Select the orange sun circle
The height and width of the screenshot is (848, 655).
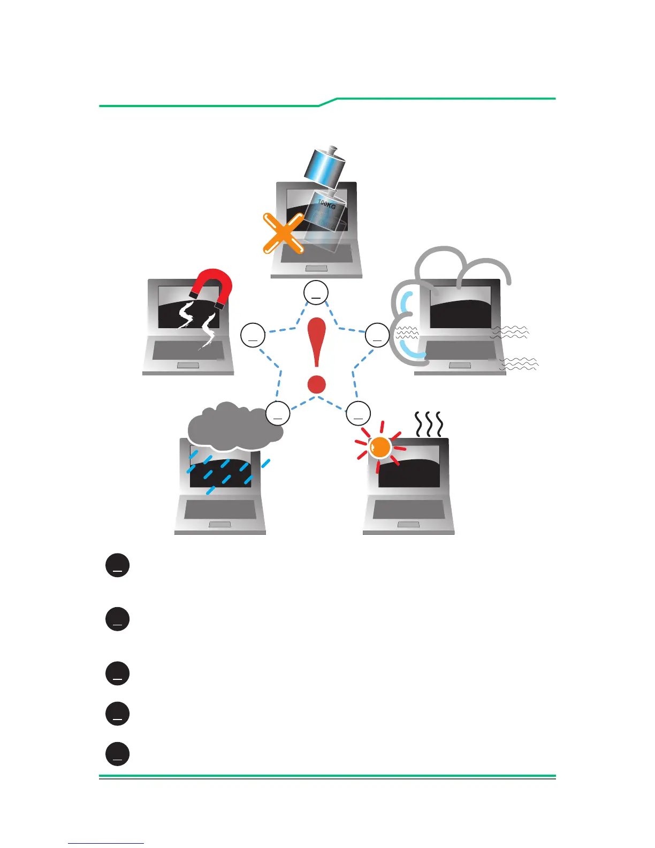click(x=380, y=447)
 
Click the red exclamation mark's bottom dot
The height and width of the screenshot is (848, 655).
click(x=317, y=384)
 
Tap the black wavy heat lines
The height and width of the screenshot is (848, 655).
click(x=429, y=424)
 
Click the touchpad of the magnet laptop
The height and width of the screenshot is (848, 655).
click(x=188, y=365)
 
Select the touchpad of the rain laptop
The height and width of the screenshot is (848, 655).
click(x=219, y=525)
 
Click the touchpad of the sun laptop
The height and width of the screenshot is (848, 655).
click(x=408, y=525)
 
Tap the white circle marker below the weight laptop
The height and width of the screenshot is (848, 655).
click(x=316, y=293)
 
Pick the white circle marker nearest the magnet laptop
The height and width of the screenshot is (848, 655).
click(x=253, y=335)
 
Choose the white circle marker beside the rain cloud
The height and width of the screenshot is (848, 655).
click(x=278, y=413)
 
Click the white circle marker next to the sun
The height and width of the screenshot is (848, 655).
click(x=358, y=413)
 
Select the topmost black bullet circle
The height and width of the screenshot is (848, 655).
click(x=118, y=565)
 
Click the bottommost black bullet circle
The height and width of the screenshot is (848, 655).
click(x=118, y=754)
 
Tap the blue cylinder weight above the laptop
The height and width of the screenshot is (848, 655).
click(x=323, y=167)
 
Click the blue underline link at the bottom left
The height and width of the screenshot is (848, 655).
click(x=106, y=843)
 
